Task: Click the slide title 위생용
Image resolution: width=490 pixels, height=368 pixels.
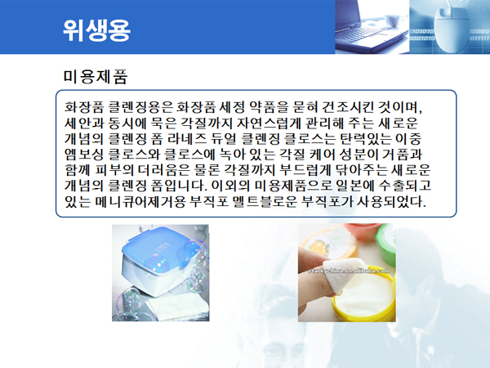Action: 96,30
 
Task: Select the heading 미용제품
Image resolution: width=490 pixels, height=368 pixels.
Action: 96,77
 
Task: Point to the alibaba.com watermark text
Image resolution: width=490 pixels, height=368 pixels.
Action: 349,271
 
